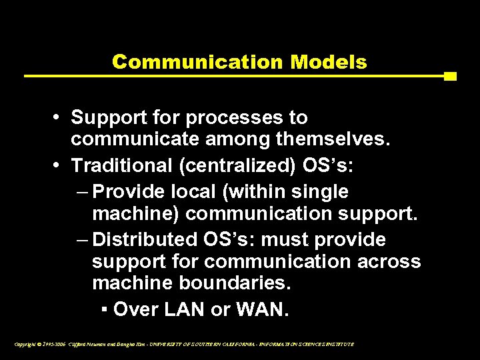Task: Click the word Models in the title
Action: [329, 62]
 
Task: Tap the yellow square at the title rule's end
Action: [450, 76]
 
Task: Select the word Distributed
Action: [142, 239]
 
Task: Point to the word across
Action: [389, 261]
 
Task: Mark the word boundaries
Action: [235, 283]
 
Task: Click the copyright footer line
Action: [183, 344]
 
